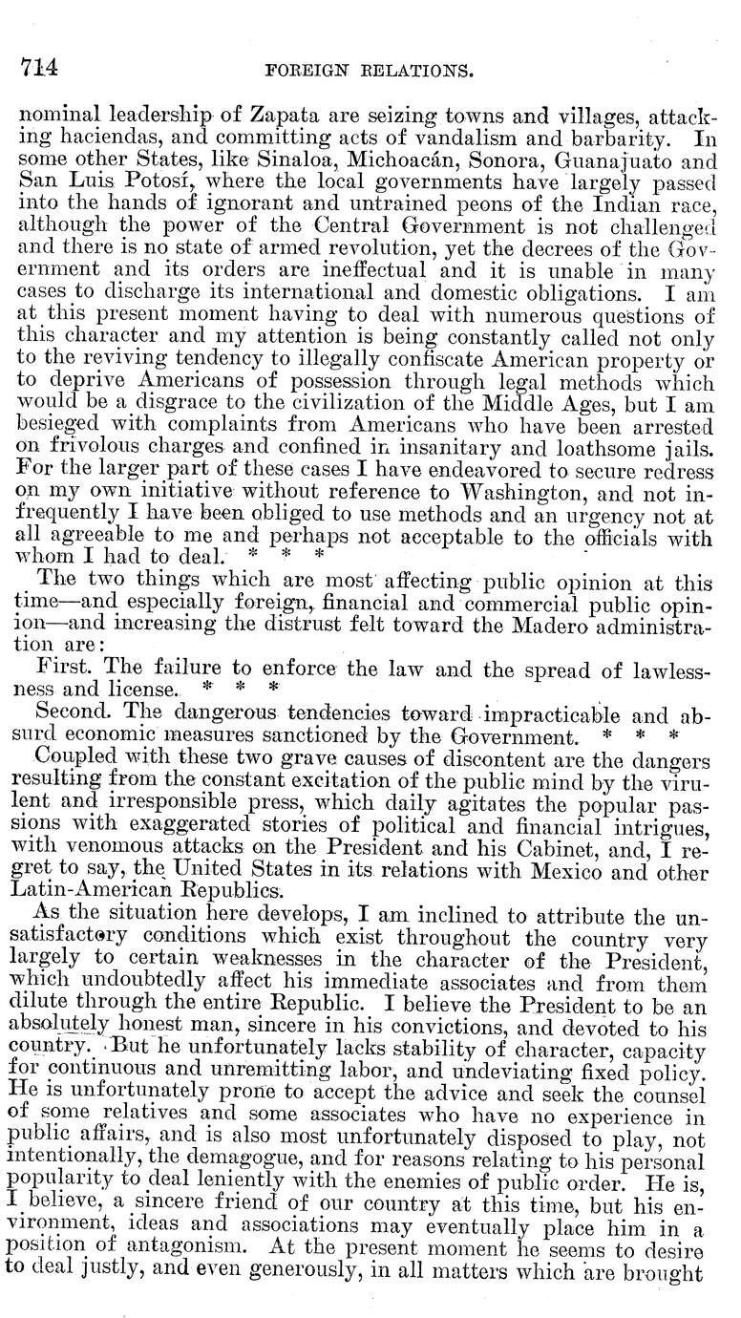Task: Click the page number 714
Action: tap(38, 67)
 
